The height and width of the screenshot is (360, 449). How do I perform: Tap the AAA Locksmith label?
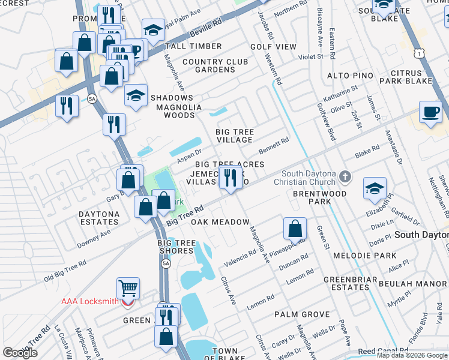click(x=90, y=301)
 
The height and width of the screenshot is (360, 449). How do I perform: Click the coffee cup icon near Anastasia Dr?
click(x=430, y=112)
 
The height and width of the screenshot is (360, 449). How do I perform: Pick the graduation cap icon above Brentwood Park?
click(x=375, y=188)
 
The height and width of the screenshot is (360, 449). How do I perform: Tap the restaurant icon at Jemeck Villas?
click(x=231, y=177)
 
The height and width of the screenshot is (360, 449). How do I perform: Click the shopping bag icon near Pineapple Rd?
click(x=295, y=229)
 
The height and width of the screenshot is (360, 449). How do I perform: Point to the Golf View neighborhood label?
click(x=273, y=47)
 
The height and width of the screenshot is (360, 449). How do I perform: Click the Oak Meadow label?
click(x=220, y=222)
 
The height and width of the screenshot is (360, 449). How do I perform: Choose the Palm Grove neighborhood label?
click(x=302, y=314)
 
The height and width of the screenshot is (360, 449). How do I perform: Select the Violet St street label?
click(x=312, y=57)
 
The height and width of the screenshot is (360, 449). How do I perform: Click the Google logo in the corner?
click(x=20, y=353)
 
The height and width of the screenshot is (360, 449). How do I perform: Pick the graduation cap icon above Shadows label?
click(x=136, y=95)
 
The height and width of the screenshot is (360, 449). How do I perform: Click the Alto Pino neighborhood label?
click(x=350, y=76)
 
